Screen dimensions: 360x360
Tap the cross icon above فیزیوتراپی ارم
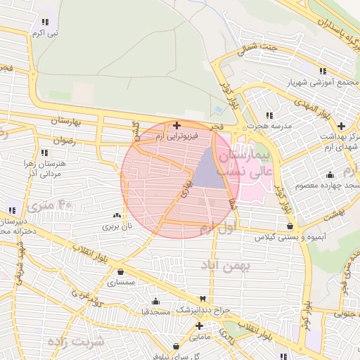pyautogui.click(x=176, y=124)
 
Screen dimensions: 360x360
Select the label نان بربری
pyautogui.click(x=117, y=226)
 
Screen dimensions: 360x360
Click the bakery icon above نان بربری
pyautogui.click(x=117, y=215)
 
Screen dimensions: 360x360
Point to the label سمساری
pyautogui.click(x=121, y=281)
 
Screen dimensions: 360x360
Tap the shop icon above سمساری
pyautogui.click(x=121, y=271)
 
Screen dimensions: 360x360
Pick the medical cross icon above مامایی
pyautogui.click(x=200, y=326)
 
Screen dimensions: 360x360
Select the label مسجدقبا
pyautogui.click(x=155, y=310)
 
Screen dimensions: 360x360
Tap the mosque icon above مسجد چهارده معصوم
pyautogui.click(x=330, y=174)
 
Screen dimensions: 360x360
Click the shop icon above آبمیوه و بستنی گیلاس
pyautogui.click(x=290, y=226)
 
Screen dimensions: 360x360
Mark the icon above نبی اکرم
pyautogui.click(x=46, y=22)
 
